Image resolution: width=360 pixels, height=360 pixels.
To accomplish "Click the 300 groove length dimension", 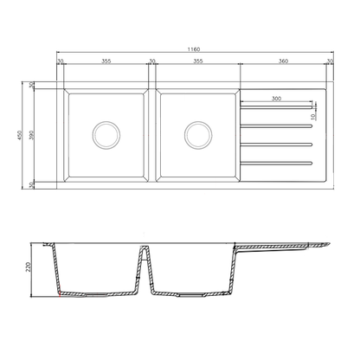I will click(x=275, y=100).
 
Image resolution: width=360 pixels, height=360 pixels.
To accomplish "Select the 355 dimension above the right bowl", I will click(x=197, y=62).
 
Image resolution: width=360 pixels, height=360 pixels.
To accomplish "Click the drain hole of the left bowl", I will click(x=106, y=134).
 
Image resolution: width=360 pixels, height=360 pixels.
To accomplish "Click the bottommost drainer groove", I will click(x=275, y=162).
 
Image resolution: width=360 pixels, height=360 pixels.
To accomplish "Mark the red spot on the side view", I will click(x=58, y=296).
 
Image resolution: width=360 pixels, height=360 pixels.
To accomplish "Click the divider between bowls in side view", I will click(x=145, y=260).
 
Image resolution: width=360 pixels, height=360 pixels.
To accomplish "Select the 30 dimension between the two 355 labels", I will click(x=151, y=62).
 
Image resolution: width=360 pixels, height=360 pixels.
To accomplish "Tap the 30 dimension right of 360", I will click(x=330, y=62).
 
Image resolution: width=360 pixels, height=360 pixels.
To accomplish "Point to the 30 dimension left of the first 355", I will click(x=60, y=62).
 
